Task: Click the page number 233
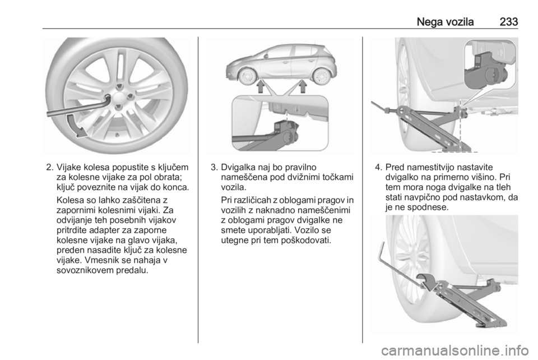click(x=508, y=22)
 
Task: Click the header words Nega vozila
click(x=445, y=22)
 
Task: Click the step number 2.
click(x=50, y=168)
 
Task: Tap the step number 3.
click(x=215, y=168)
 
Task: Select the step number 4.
click(x=378, y=168)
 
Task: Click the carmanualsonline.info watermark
click(x=454, y=350)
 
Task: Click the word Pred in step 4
click(x=395, y=168)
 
